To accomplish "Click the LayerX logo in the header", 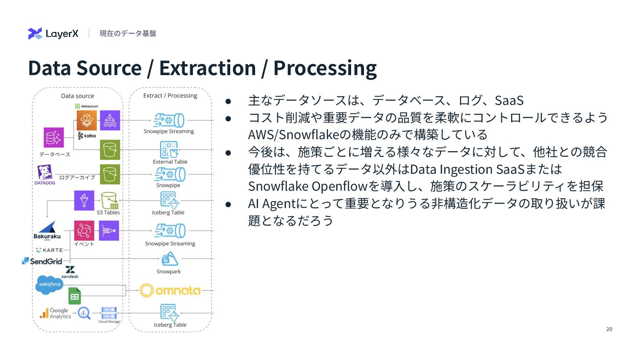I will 53,33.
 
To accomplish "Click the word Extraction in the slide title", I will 208,68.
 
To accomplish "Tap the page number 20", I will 609,329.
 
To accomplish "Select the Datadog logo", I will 44,175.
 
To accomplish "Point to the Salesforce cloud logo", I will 49,284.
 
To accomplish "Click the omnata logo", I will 170,291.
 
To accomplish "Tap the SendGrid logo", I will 42,261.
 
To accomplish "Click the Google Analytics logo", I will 56,313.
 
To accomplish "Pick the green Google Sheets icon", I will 75,296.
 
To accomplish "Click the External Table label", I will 170,162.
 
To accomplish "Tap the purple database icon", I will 54,137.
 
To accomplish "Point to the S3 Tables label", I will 108,212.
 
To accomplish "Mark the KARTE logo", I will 49,250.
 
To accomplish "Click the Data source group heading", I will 77,96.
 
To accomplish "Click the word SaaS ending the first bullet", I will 509,100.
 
